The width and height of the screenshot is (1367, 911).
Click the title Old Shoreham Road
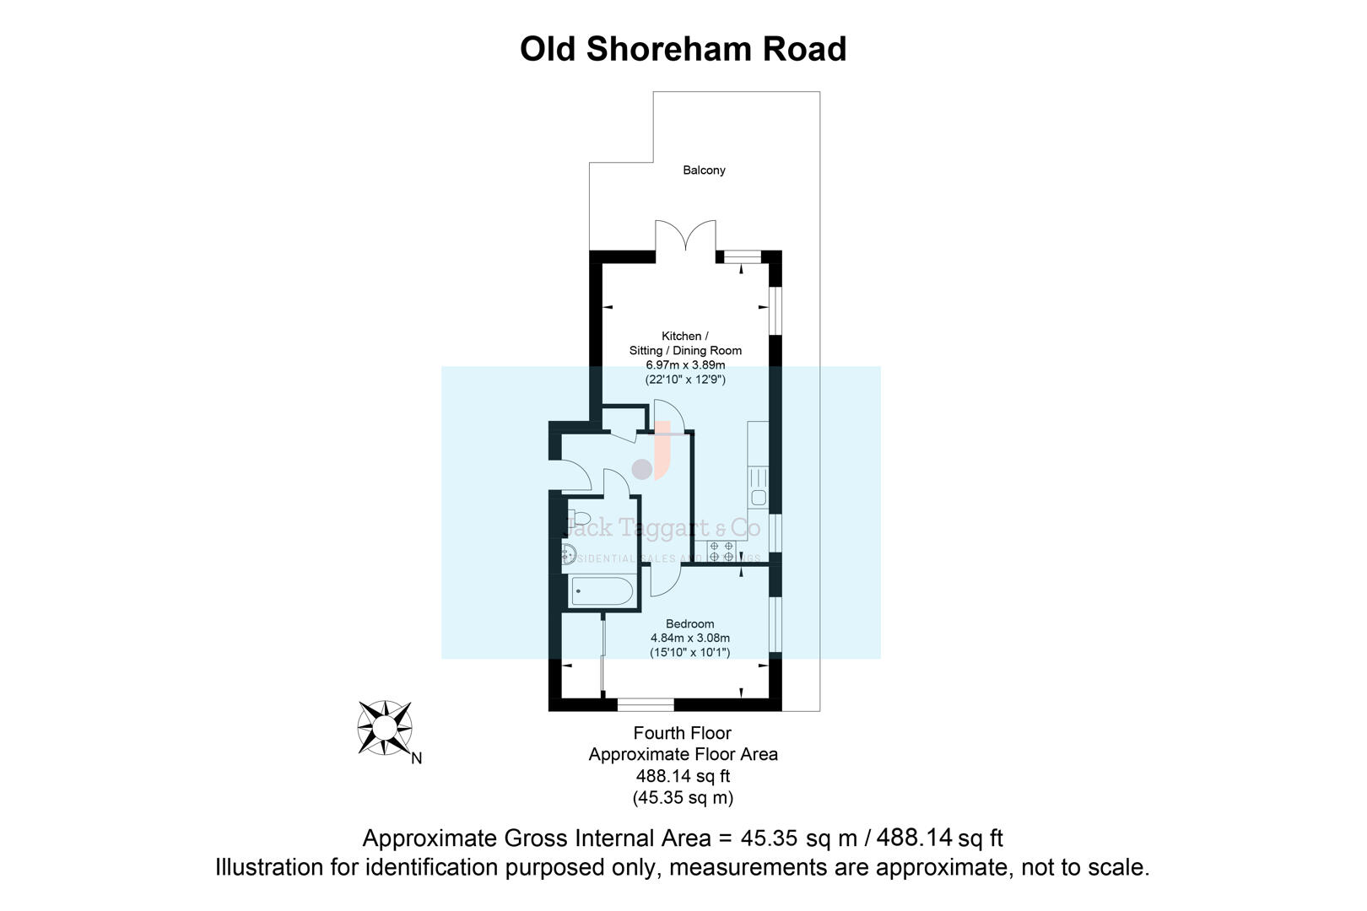[683, 49]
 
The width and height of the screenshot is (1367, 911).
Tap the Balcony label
[704, 170]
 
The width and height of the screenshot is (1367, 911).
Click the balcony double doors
[686, 235]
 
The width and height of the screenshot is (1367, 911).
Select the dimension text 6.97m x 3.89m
[685, 365]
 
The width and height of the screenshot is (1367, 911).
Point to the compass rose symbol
[385, 726]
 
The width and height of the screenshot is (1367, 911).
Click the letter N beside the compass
[416, 758]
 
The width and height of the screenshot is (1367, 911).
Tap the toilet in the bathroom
[580, 517]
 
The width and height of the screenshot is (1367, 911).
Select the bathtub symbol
[602, 592]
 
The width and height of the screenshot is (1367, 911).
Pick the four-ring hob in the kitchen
[721, 553]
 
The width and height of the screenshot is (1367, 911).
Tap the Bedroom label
[689, 624]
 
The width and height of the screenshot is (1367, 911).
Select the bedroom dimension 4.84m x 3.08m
[689, 639]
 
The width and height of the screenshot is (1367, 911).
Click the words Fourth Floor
[683, 733]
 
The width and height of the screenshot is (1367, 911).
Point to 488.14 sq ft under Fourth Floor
[683, 776]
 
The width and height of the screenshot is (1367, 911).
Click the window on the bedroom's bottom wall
[645, 703]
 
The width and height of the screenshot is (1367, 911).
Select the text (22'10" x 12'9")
[685, 380]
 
